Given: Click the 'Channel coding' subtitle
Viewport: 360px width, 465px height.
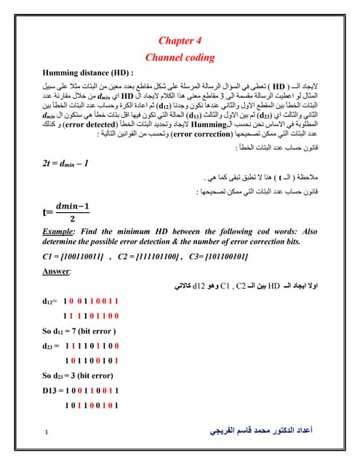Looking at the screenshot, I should [x=180, y=57].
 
